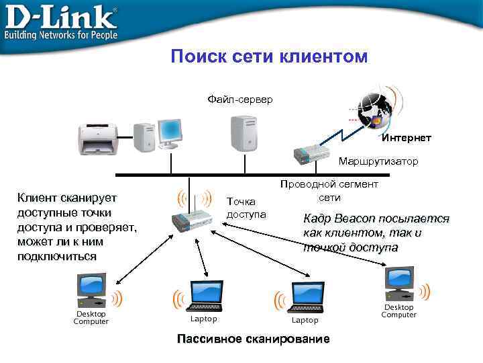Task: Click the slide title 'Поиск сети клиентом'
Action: click(x=269, y=56)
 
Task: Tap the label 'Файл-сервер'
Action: click(x=239, y=99)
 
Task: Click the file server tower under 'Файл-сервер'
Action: click(x=243, y=133)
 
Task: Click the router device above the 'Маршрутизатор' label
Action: click(x=313, y=155)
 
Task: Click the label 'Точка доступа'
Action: click(x=246, y=208)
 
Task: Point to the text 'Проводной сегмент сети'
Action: click(x=329, y=190)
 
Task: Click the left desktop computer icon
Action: click(x=92, y=290)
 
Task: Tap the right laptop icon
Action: click(x=306, y=296)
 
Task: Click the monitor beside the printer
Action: click(x=169, y=132)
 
